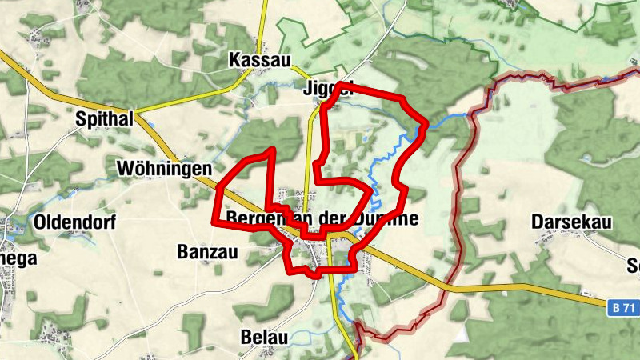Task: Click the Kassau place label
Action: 260,60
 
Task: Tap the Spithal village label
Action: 102,119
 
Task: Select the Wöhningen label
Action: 164,169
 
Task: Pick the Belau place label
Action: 263,337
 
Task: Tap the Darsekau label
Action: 571,220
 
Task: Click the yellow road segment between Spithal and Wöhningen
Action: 164,143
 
